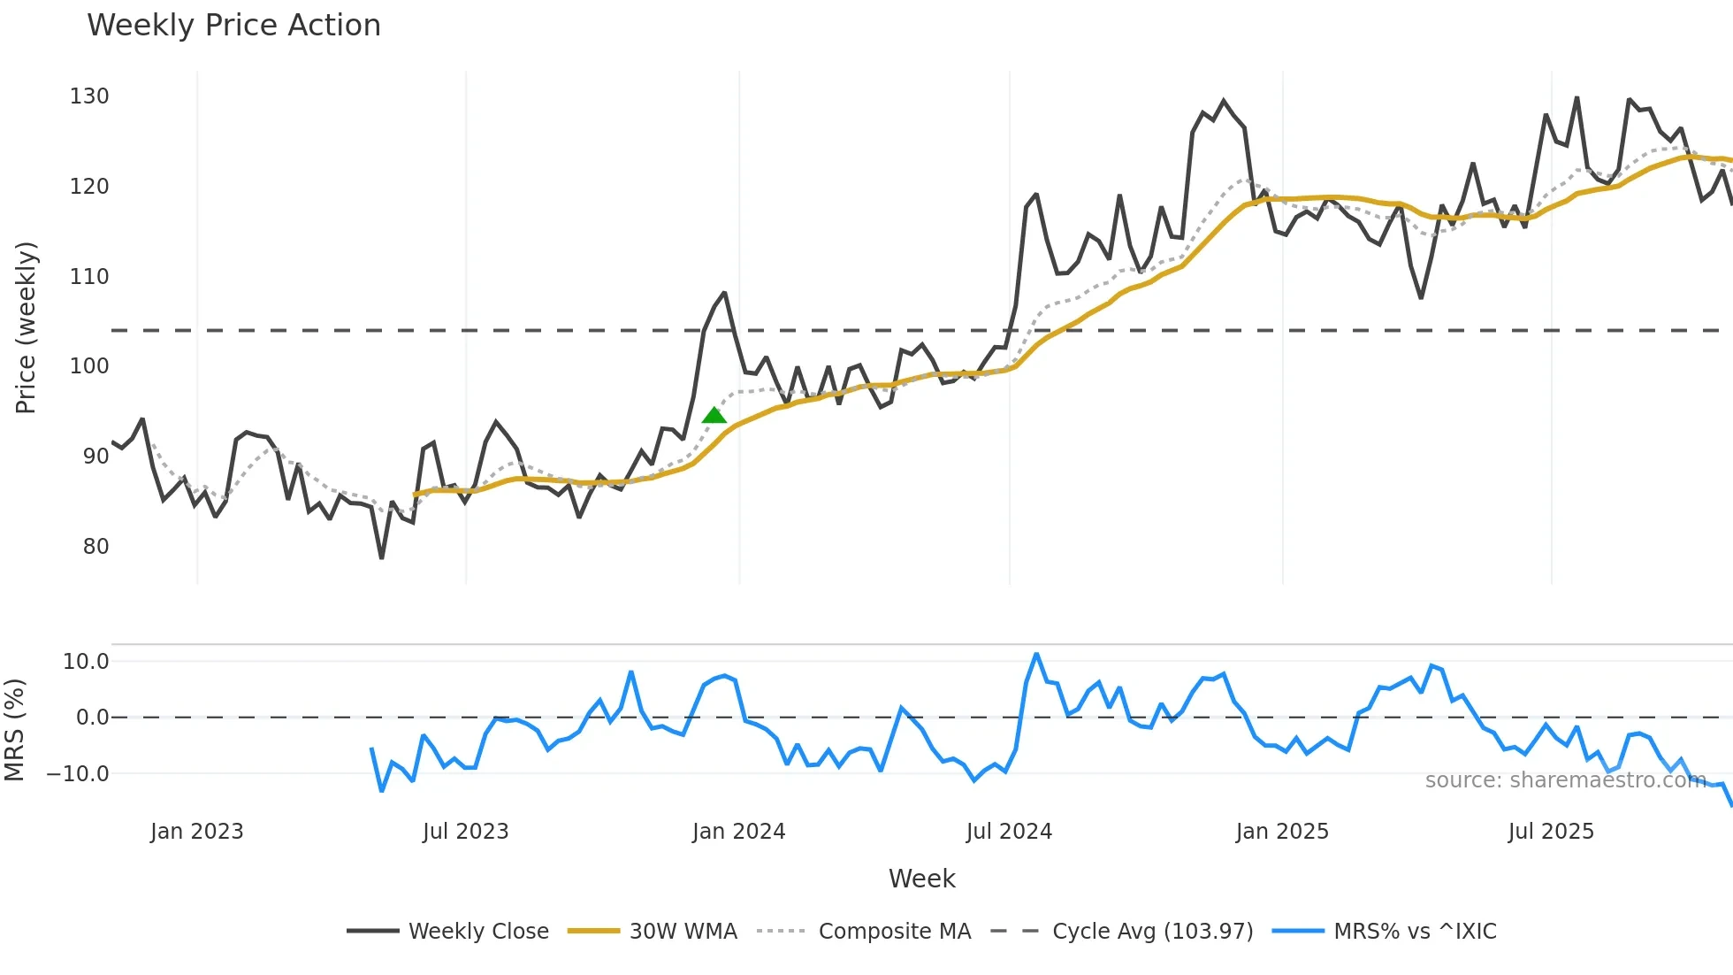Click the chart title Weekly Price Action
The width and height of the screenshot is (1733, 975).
[233, 26]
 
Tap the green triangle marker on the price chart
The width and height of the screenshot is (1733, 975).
[714, 416]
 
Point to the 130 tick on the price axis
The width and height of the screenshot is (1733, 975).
[89, 96]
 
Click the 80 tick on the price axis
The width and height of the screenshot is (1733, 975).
[95, 547]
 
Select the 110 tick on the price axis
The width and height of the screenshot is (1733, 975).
[89, 277]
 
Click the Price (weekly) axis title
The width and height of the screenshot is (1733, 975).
[26, 328]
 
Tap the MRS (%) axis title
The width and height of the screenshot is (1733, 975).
[14, 730]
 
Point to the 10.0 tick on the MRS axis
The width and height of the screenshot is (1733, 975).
[86, 662]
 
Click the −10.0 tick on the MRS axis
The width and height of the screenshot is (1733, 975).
[78, 774]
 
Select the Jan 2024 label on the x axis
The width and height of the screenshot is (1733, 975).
[738, 832]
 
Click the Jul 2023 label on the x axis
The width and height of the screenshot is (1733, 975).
[465, 832]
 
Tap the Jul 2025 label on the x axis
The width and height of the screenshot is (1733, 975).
[1551, 832]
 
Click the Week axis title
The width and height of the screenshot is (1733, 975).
[921, 879]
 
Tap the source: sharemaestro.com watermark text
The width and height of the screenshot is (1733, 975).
[1565, 780]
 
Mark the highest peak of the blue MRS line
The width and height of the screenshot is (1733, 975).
[1036, 655]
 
